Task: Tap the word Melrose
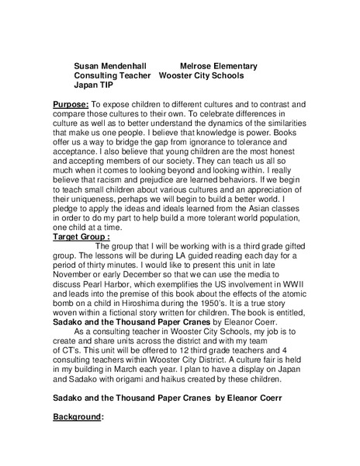[x=199, y=67]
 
